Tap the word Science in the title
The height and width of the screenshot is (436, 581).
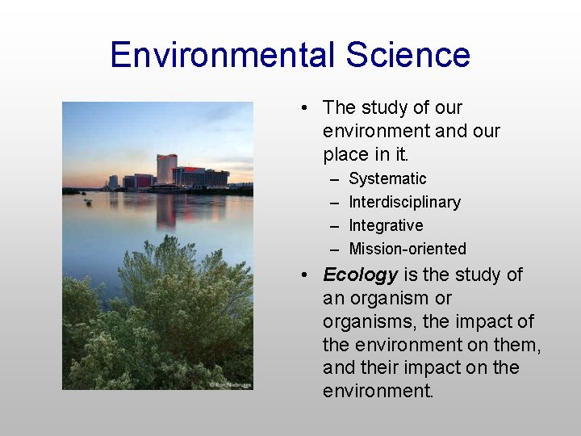pos(408,55)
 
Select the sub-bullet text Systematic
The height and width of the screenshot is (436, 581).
pos(387,178)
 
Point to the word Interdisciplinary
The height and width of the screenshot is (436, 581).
pos(404,202)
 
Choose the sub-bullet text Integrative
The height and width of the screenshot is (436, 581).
pos(386,225)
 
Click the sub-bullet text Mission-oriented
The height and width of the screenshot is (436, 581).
pos(408,249)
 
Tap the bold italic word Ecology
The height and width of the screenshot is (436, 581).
pos(360,275)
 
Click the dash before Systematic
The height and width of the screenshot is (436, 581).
pos(334,178)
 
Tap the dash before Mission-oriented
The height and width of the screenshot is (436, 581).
pos(334,249)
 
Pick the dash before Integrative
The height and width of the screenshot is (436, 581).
pos(334,225)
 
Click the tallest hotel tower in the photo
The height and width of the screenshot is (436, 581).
pos(166,168)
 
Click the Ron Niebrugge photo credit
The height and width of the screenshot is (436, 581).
pos(230,384)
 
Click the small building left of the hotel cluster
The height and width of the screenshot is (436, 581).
pos(113,182)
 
